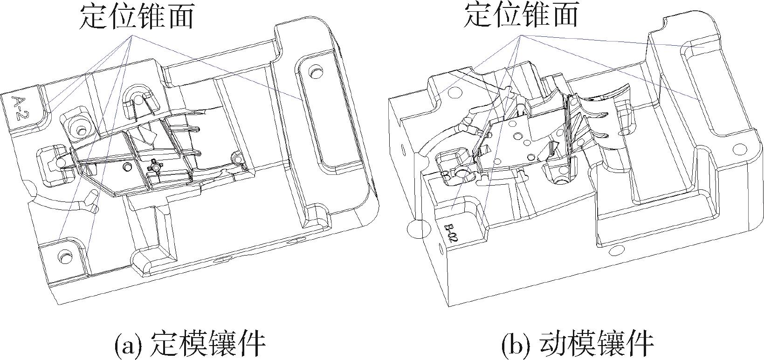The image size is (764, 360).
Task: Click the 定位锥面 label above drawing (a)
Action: point(137,17)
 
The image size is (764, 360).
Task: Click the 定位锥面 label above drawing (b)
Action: point(521,15)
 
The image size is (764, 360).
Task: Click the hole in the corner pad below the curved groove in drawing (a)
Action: point(62,255)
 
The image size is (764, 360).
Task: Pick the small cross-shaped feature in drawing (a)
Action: point(154,166)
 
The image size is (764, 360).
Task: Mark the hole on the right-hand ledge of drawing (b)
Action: point(738,150)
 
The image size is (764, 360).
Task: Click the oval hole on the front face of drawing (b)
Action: point(615,251)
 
